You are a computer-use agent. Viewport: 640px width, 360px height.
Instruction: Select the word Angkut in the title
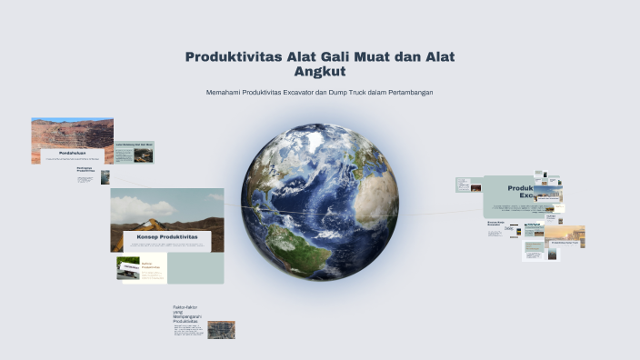coord(320,71)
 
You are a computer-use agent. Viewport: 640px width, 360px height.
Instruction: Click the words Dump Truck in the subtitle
coord(354,94)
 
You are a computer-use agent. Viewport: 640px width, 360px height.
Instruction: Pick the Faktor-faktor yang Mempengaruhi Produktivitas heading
coord(185,315)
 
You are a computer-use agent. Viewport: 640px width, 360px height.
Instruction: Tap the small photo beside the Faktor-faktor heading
coord(221,329)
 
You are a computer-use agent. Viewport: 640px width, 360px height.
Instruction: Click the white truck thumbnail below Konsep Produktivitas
coord(128,268)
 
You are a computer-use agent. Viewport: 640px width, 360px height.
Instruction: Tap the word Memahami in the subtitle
coord(225,94)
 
